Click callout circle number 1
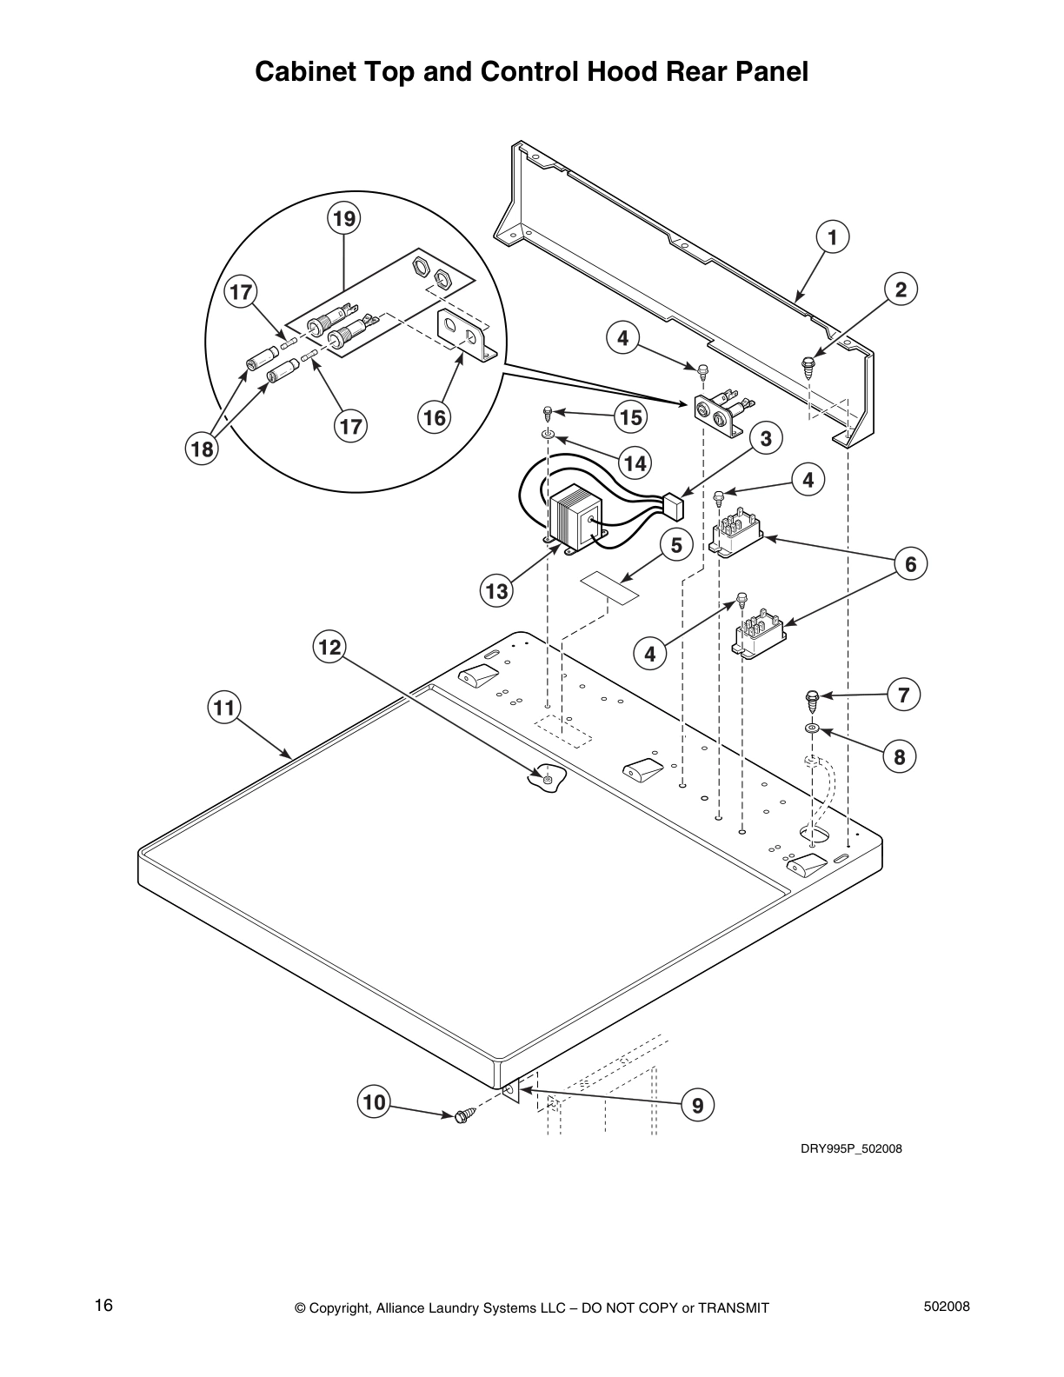[832, 236]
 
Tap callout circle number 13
[496, 592]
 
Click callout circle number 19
[344, 218]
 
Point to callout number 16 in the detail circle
[434, 418]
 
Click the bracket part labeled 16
[466, 334]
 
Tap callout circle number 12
[329, 648]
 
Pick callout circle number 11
[224, 708]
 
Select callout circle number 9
[697, 1105]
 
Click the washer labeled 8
[811, 728]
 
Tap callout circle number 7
[903, 695]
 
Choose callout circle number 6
[910, 565]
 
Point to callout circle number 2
[901, 289]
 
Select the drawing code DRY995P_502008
[850, 1148]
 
